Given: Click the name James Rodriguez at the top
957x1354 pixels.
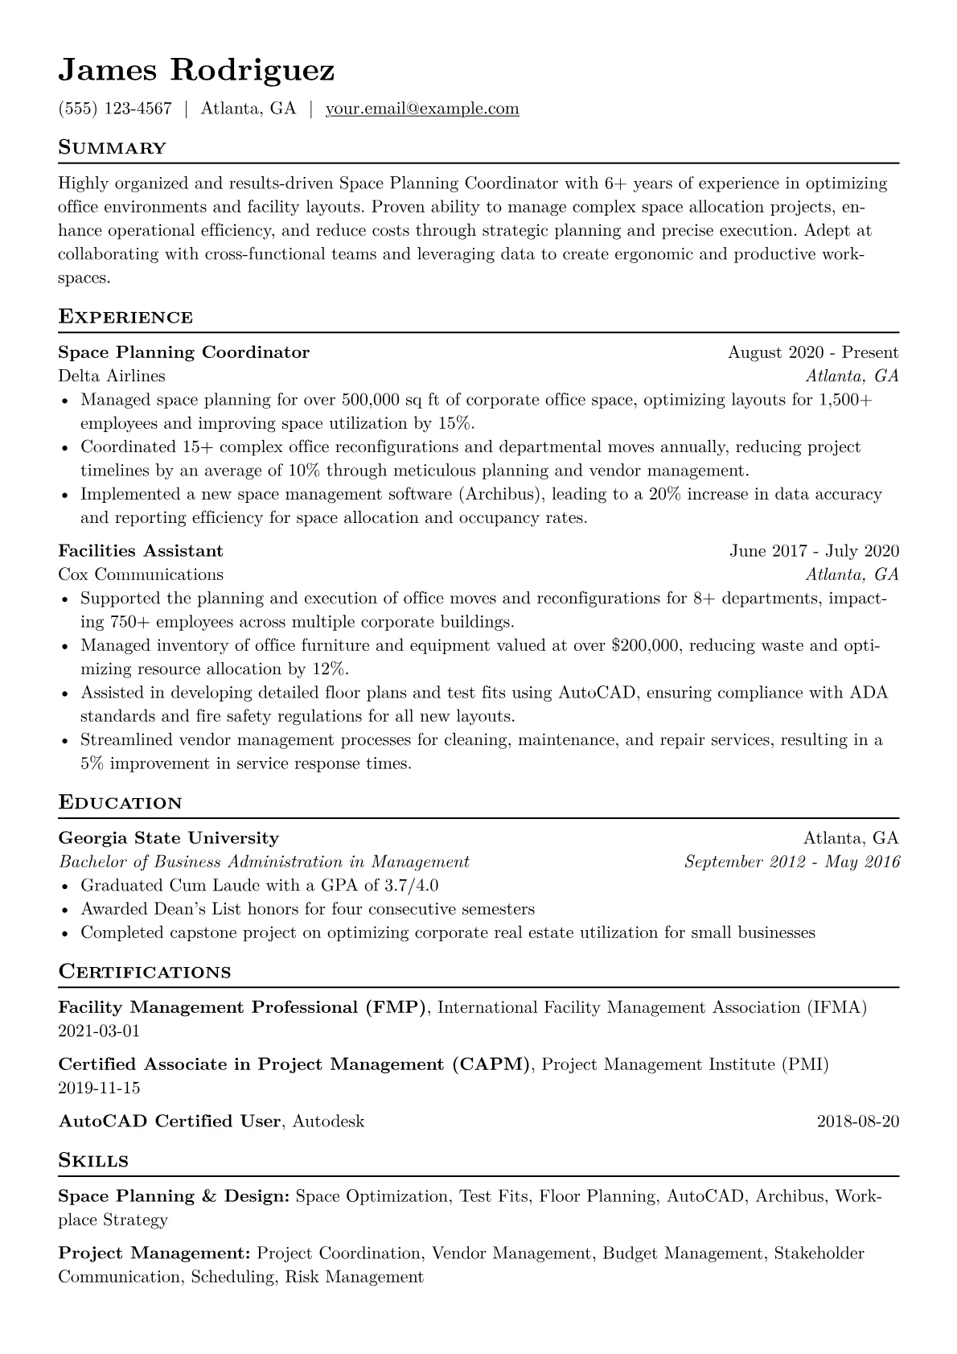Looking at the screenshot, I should pyautogui.click(x=196, y=71).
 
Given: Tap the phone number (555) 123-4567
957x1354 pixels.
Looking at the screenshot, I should pyautogui.click(x=115, y=109).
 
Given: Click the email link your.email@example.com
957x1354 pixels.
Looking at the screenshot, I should pyautogui.click(x=421, y=109).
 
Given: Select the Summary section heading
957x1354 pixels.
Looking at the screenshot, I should pyautogui.click(x=112, y=148).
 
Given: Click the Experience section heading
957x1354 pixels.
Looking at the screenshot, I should pyautogui.click(x=125, y=317).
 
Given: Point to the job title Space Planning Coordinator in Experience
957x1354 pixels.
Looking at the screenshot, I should pyautogui.click(x=183, y=352).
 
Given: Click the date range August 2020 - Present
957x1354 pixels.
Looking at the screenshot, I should pyautogui.click(x=812, y=352).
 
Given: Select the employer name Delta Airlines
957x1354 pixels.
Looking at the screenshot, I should pyautogui.click(x=112, y=376).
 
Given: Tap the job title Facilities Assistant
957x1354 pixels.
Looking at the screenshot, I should pyautogui.click(x=141, y=551).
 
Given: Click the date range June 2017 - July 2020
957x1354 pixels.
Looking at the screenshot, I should pyautogui.click(x=814, y=551).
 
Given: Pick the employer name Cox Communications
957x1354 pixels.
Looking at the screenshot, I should pyautogui.click(x=141, y=574).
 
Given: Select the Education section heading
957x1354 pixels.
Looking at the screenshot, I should pyautogui.click(x=120, y=803).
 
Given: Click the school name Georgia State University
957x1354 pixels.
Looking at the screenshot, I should pyautogui.click(x=168, y=838).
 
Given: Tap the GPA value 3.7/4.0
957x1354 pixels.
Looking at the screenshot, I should pyautogui.click(x=410, y=886).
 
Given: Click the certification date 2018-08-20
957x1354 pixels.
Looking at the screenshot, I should pyautogui.click(x=857, y=1121).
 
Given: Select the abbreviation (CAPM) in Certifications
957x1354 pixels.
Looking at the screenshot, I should pyautogui.click(x=491, y=1064).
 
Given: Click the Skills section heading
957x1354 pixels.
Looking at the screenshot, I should pyautogui.click(x=93, y=1160).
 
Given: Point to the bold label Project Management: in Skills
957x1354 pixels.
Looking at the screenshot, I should pyautogui.click(x=154, y=1253).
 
